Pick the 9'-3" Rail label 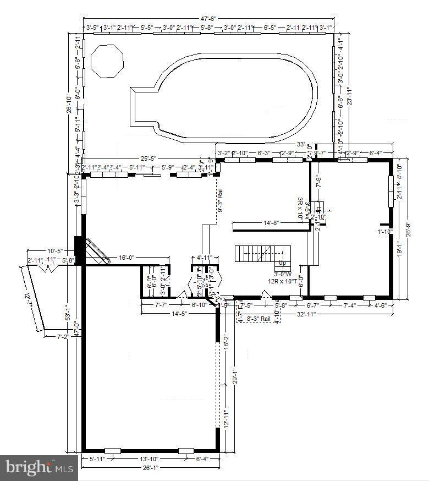220,201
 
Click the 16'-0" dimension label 126,257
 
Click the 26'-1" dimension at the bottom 150,468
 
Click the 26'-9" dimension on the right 408,228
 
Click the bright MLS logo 38,468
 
